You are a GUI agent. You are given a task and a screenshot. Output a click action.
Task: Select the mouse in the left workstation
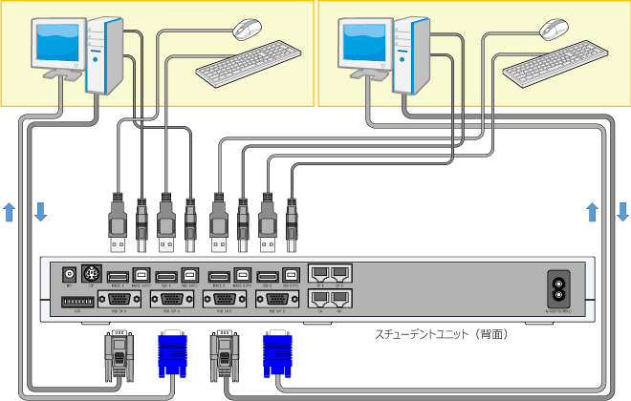[248, 29]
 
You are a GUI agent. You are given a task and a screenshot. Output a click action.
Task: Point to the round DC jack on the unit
[69, 273]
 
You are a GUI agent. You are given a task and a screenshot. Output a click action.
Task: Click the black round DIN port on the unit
[93, 273]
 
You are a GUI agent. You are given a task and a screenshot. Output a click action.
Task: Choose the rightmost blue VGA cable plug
[278, 354]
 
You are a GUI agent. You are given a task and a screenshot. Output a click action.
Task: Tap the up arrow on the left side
[10, 211]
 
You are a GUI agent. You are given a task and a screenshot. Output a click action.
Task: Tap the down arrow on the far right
[622, 211]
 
